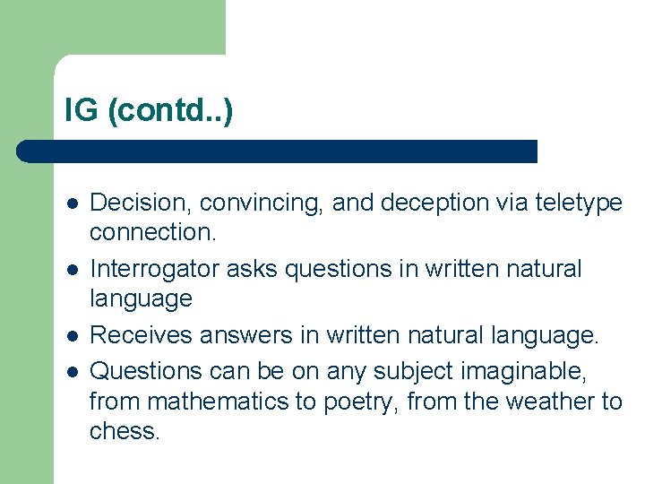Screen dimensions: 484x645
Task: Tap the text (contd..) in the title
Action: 169,112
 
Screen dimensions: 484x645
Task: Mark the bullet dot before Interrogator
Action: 71,270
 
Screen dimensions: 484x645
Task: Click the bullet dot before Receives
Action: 71,336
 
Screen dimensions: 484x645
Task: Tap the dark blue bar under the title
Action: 278,151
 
